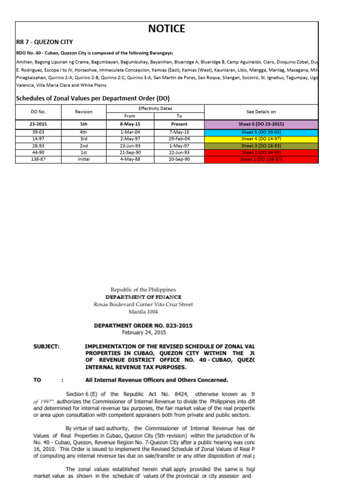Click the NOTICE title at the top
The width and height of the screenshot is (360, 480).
(166, 29)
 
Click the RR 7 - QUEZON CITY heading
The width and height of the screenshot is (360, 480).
(45, 42)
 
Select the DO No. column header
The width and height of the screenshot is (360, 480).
(38, 112)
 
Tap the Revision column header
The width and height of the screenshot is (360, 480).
(84, 112)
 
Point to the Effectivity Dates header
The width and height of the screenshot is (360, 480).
(155, 108)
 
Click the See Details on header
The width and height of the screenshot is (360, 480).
(261, 112)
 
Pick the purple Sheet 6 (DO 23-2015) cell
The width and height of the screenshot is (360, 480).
(261, 124)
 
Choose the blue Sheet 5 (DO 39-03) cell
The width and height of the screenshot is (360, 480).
(261, 133)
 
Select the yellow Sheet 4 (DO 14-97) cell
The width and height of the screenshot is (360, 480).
(261, 139)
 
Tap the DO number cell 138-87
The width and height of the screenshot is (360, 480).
(38, 160)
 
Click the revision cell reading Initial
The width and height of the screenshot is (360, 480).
(84, 160)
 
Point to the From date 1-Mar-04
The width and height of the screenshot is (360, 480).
(129, 133)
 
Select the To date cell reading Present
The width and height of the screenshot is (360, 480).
(180, 124)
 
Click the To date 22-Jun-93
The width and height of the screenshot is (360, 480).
(180, 153)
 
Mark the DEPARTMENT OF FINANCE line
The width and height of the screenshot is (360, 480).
(143, 297)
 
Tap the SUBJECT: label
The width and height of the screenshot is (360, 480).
(46, 346)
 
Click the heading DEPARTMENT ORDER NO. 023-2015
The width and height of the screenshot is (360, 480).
(143, 326)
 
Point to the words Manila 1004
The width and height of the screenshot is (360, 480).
(143, 311)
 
